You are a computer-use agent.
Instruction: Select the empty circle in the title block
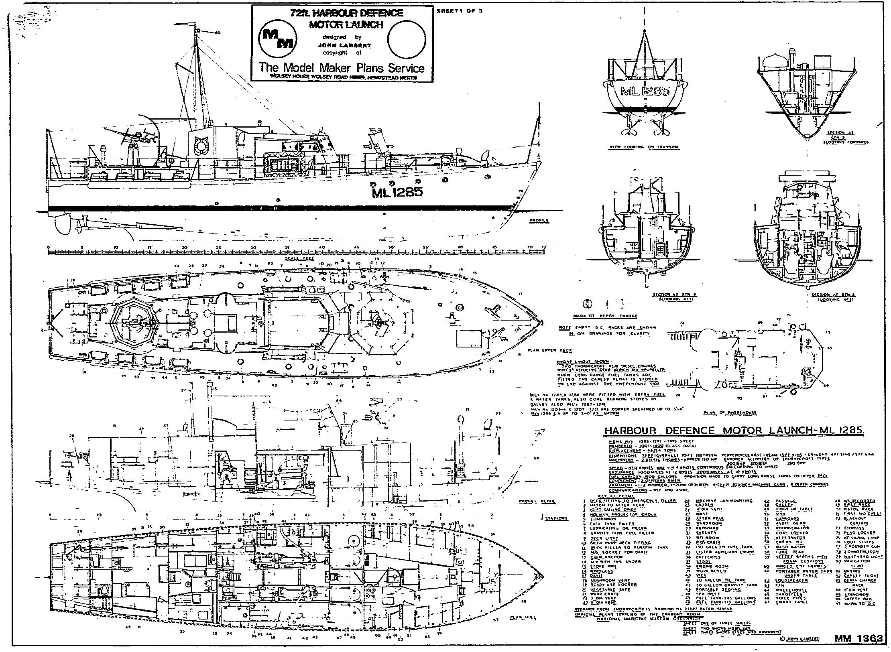tap(407, 39)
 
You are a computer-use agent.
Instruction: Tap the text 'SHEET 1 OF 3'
tap(460, 11)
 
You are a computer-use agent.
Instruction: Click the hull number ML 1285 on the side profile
tap(397, 193)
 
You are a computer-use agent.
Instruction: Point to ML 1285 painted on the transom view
tap(645, 91)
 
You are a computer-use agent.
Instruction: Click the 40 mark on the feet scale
tap(322, 247)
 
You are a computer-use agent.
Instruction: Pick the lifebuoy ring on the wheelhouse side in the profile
tap(199, 146)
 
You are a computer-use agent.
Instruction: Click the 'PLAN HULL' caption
tap(523, 618)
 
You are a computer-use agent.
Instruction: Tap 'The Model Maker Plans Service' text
tap(342, 67)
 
